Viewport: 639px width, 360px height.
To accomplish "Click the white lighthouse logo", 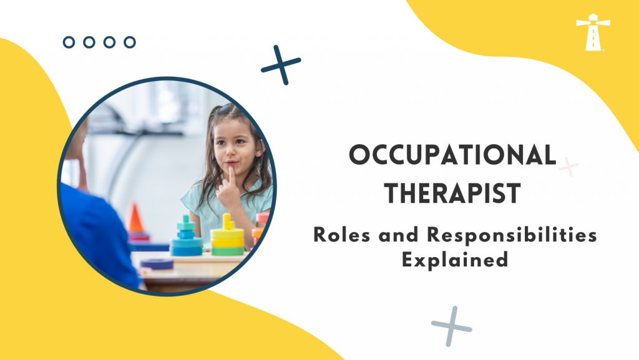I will click(593, 32).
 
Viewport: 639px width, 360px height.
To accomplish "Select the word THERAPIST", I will click(452, 193).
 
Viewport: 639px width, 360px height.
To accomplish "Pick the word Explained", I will click(454, 259).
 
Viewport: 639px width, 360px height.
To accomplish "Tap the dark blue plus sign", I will click(281, 64).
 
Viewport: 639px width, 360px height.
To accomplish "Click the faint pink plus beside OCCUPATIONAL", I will click(568, 167).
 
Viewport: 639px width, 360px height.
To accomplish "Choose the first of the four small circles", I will click(69, 42).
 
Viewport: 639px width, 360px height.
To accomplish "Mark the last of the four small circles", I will click(129, 42).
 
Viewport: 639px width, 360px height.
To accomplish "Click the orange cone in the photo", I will click(136, 218).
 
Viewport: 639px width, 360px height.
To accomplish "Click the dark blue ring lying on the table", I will click(157, 263).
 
